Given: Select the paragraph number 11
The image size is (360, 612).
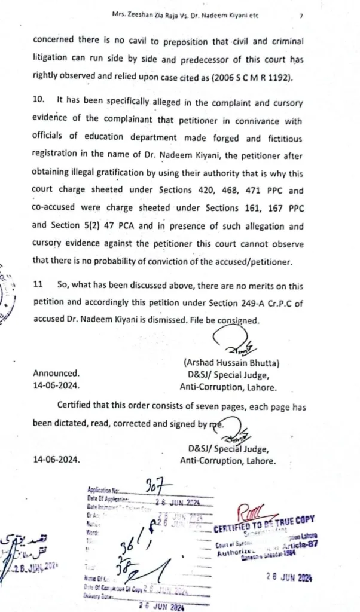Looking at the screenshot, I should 38,286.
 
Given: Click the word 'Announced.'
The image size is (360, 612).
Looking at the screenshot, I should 56,372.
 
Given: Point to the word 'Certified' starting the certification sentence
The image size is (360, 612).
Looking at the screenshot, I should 78,405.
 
